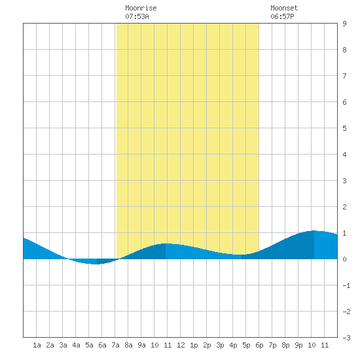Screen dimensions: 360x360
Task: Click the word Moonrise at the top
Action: pos(141,8)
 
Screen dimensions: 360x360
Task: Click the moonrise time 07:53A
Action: pos(137,16)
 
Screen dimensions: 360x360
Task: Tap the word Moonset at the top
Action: pos(284,8)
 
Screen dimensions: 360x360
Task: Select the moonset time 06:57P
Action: pos(282,16)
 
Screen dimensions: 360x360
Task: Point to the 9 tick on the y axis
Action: pos(344,24)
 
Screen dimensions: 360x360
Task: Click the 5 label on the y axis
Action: pos(344,128)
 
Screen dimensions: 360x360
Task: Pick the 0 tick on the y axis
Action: pos(344,259)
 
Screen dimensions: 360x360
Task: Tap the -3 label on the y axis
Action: pos(347,338)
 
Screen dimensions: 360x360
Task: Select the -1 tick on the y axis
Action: pos(347,285)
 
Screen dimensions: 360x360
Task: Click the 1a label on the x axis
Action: pos(37,345)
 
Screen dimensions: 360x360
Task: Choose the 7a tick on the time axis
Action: pos(115,345)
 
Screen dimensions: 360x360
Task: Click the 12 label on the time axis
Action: pos(181,345)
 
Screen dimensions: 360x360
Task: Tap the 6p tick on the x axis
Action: pos(259,345)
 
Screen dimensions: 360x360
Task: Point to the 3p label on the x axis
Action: pos(220,345)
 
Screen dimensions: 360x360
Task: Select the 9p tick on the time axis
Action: pos(298,345)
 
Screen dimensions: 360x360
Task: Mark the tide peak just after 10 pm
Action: pos(314,231)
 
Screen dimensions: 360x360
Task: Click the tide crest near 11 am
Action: pos(166,243)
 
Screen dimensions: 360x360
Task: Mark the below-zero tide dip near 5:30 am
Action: pos(97,264)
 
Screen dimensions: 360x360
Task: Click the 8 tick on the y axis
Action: pos(344,50)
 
